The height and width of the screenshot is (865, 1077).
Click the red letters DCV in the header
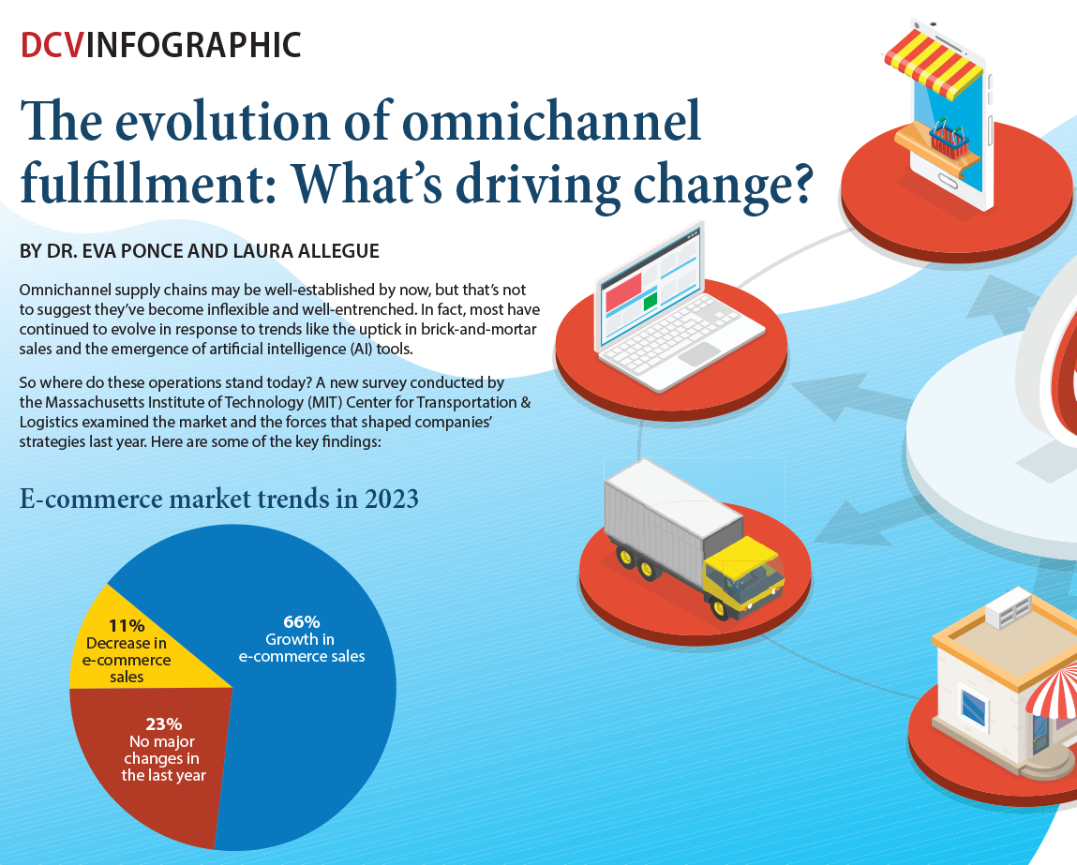[52, 44]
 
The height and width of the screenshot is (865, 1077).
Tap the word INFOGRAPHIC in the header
[193, 44]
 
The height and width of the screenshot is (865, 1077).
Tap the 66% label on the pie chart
[302, 621]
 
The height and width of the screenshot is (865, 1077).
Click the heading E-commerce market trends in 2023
[219, 500]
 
